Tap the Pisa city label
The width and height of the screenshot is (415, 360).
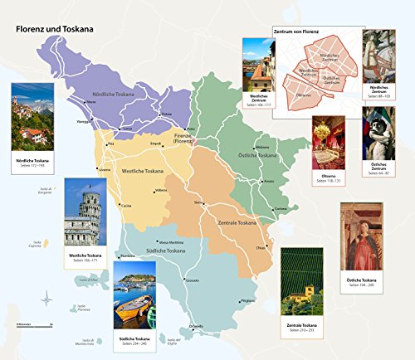(110, 144)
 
